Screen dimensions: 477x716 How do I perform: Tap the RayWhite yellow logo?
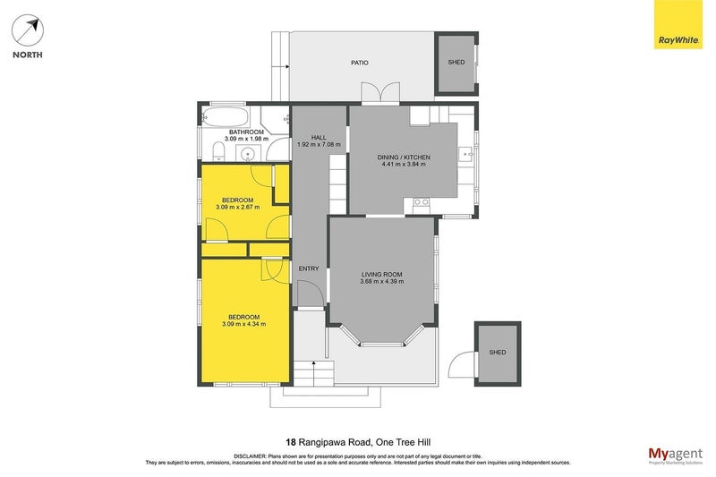coord(678,28)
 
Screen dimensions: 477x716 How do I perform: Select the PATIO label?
coord(359,63)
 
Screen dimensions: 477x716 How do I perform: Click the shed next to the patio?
coord(456,63)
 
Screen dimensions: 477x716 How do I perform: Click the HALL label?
coord(319,137)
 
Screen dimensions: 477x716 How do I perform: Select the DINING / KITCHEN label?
coord(405,158)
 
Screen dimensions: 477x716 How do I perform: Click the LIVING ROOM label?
coord(381,275)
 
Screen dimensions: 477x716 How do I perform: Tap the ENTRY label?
coord(308,268)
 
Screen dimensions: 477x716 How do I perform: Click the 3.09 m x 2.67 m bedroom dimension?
coord(237,207)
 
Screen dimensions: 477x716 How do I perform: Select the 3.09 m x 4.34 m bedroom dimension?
coord(243,324)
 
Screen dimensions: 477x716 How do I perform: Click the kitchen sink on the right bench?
coord(466,157)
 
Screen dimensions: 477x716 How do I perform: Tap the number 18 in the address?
coord(291,441)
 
